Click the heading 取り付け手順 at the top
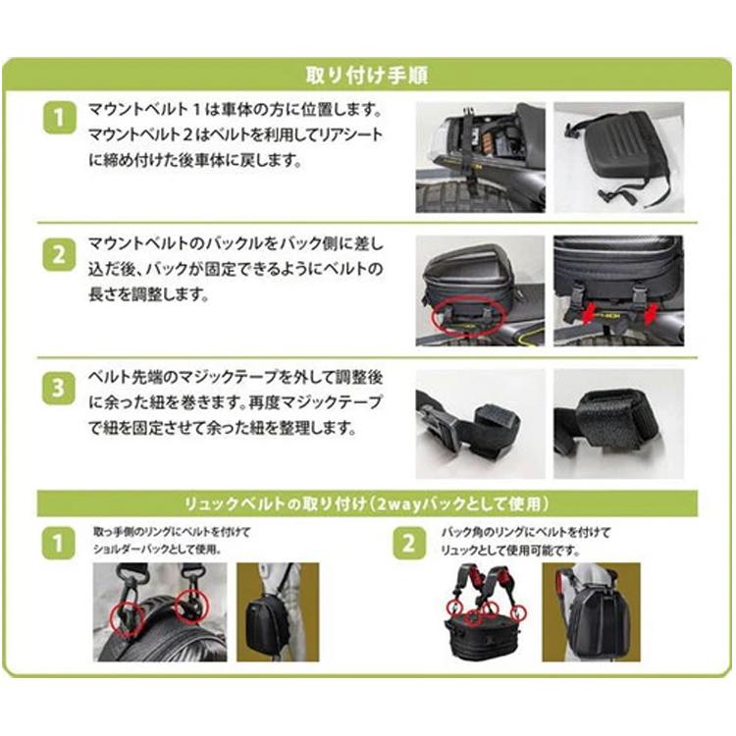tap(368, 76)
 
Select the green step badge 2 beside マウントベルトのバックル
tap(59, 255)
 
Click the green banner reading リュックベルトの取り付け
tap(368, 503)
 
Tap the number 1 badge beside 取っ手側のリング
tap(61, 543)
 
